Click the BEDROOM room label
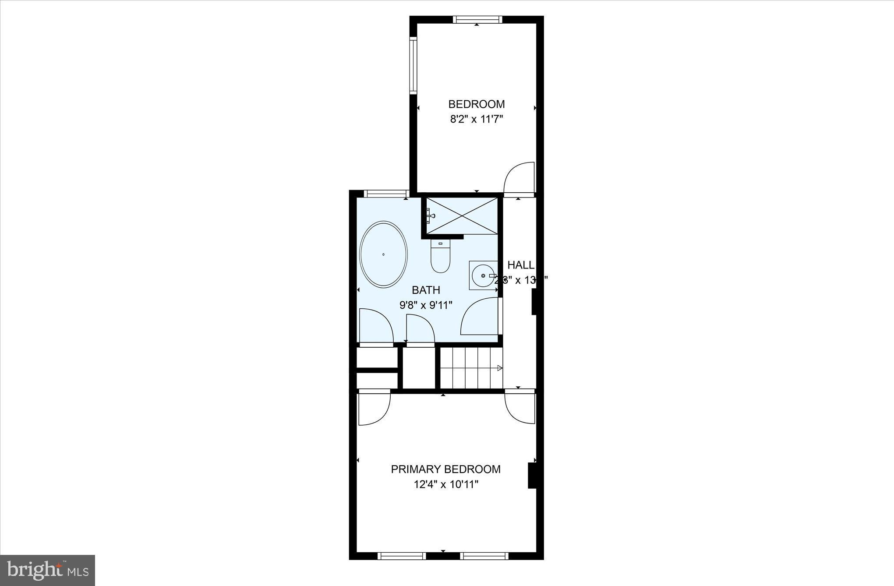pos(476,104)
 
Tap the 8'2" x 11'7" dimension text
pos(477,119)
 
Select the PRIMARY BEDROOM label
pos(445,470)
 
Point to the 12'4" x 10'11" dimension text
pos(446,484)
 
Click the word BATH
pos(426,290)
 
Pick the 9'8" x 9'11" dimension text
pos(426,305)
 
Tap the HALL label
pos(520,265)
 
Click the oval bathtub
pos(383,254)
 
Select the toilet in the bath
pos(440,257)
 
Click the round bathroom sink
pos(483,275)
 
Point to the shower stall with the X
pos(462,215)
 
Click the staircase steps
pos(471,368)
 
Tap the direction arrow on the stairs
pos(499,368)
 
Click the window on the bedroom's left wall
pos(413,65)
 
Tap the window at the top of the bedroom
pos(477,20)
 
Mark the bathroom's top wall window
pos(386,194)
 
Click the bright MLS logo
pos(48,570)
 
